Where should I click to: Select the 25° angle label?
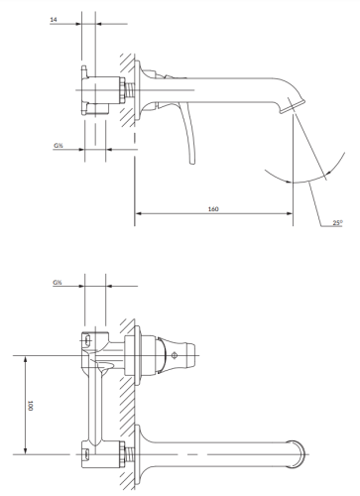337,223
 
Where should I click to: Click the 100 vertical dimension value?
32,405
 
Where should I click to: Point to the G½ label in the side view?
60,146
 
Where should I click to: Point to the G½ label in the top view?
58,283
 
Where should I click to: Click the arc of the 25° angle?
298,184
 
